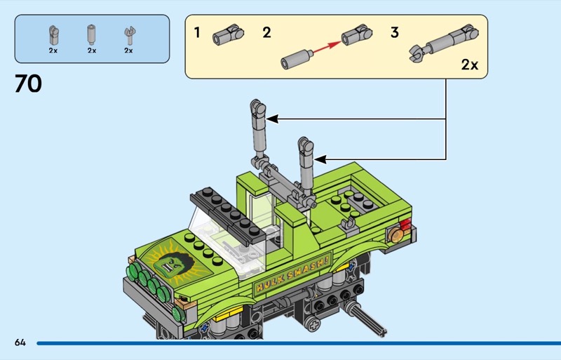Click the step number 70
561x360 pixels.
tap(28, 84)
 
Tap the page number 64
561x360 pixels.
tap(20, 342)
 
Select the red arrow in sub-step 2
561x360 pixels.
tap(327, 47)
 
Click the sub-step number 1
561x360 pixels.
tap(197, 32)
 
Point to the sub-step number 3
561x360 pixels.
tap(394, 32)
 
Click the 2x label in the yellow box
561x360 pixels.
tap(469, 65)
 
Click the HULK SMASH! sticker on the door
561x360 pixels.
tap(292, 272)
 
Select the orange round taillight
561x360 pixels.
tap(396, 234)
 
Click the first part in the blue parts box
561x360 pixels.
tap(53, 35)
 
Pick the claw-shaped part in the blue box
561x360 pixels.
tap(130, 36)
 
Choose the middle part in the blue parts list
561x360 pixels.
tap(92, 34)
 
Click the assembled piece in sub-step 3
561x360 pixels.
tap(444, 44)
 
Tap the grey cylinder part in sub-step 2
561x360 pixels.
tap(296, 59)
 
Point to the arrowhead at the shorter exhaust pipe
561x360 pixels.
tap(320, 159)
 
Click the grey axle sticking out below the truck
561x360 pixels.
tap(364, 319)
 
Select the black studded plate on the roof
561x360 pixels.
tap(229, 215)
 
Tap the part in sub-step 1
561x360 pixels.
tap(228, 34)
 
